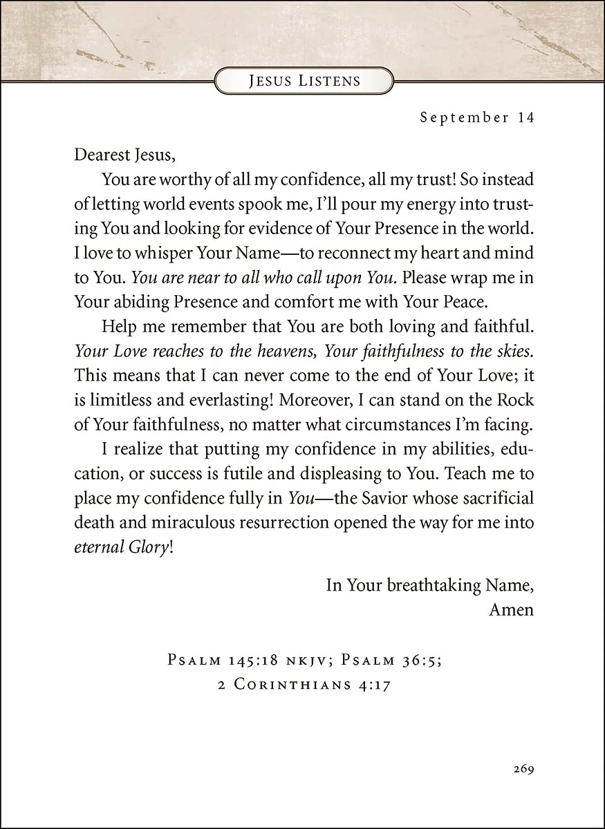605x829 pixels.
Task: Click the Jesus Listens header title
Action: pos(304,81)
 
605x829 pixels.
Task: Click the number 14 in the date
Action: pos(525,117)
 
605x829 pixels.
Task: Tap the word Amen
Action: pos(512,610)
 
